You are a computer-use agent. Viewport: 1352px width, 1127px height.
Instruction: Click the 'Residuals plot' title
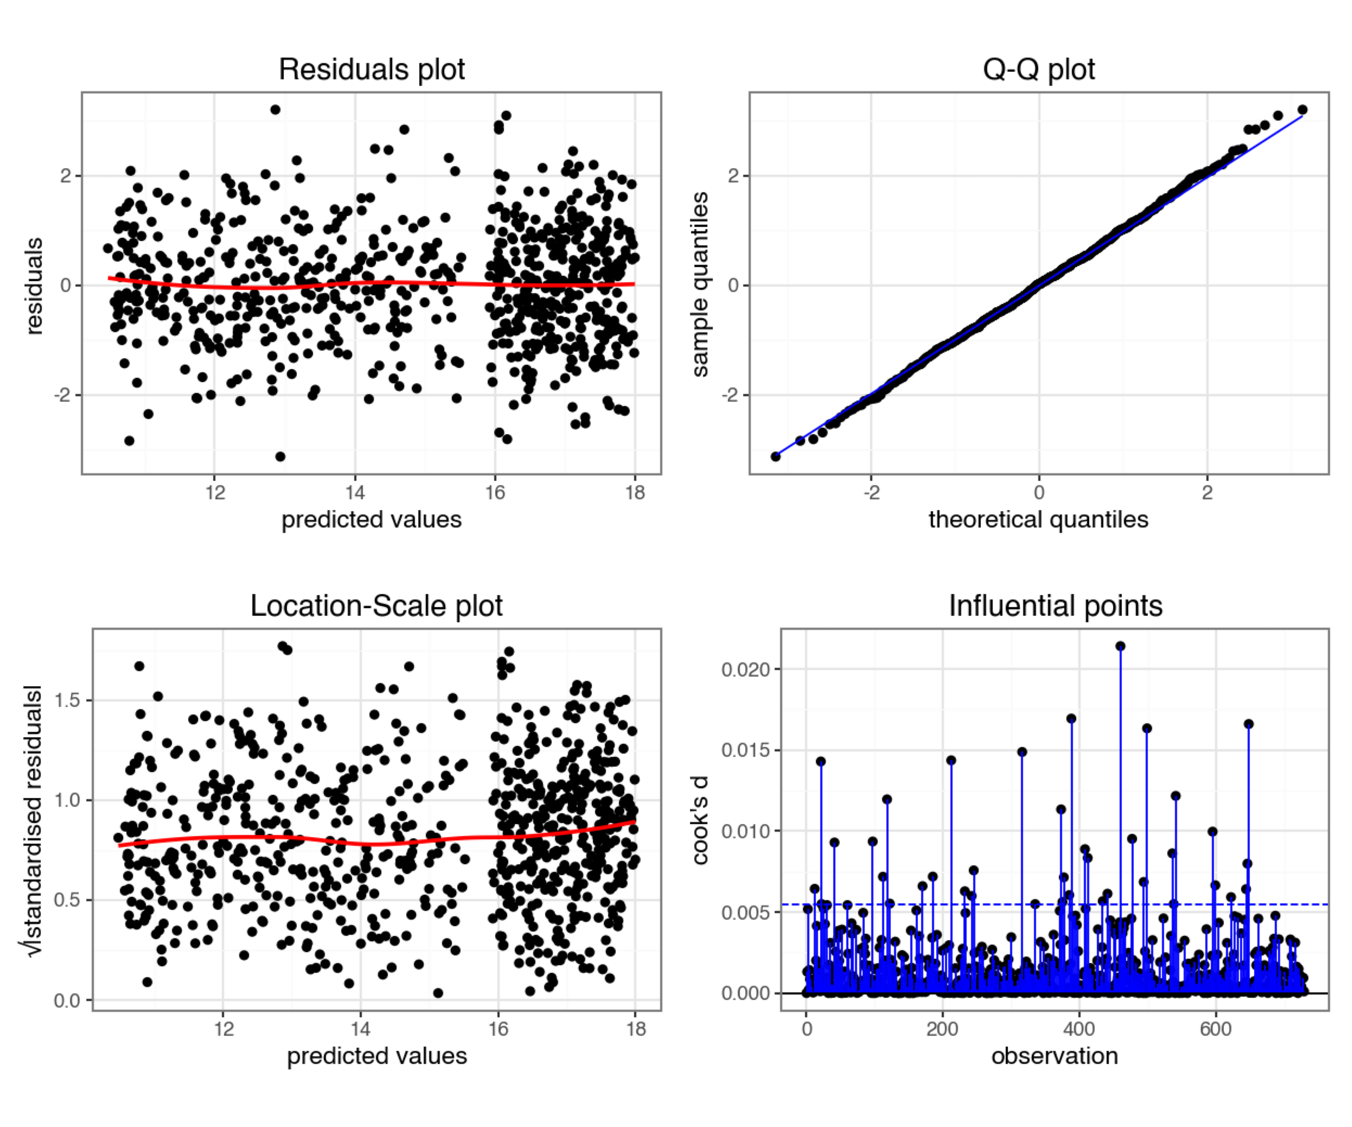click(371, 69)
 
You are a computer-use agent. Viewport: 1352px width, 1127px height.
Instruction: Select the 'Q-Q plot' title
click(1038, 69)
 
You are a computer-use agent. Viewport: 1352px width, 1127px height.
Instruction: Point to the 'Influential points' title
click(1055, 606)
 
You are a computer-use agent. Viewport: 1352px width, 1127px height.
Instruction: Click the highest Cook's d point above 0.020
click(1120, 646)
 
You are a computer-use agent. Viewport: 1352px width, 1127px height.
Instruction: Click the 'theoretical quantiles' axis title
click(1038, 519)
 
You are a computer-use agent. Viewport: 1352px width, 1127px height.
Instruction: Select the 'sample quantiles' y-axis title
click(700, 284)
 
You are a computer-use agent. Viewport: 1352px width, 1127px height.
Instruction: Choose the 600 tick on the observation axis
click(1216, 1029)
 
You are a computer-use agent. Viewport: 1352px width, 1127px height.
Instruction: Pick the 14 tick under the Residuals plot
click(355, 492)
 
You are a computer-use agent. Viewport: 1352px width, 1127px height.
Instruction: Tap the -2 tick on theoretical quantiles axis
click(871, 492)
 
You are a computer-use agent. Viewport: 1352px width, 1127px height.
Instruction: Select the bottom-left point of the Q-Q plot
click(776, 456)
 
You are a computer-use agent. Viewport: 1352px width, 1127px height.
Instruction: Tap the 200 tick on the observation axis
click(943, 1029)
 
